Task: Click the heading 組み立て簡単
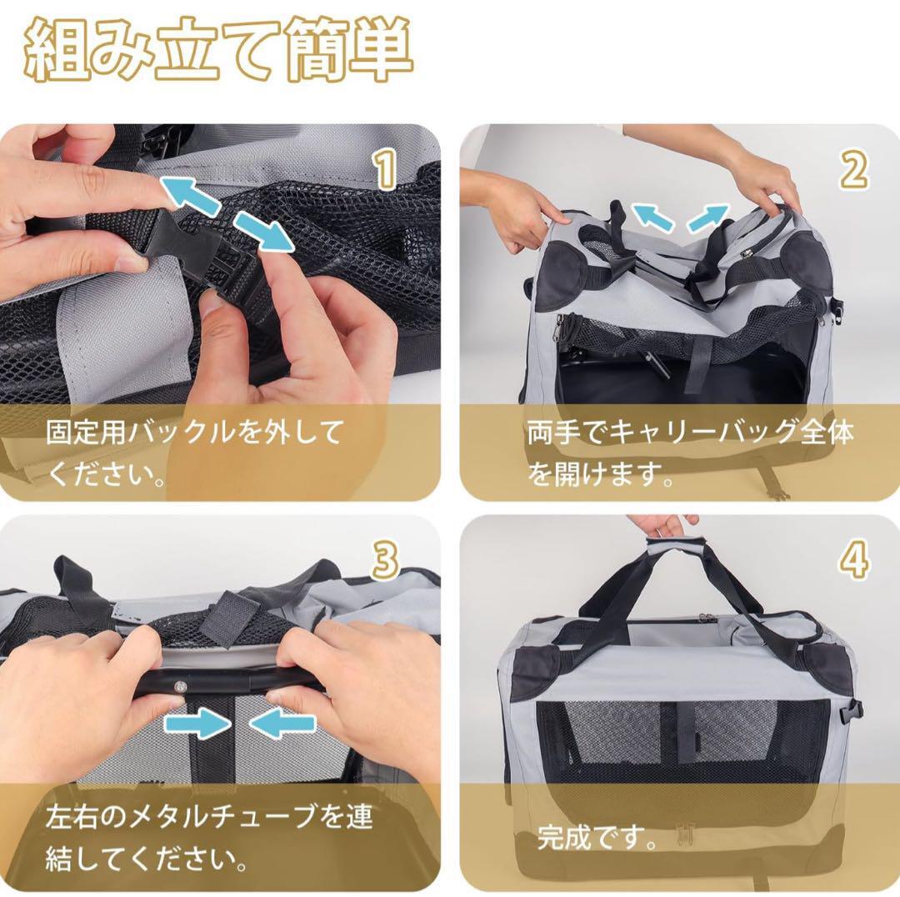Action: [218, 51]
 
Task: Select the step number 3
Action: [385, 560]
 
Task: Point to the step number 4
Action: [853, 560]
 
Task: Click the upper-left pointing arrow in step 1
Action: [190, 195]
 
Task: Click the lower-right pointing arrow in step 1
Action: [264, 231]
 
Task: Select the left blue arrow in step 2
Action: [652, 218]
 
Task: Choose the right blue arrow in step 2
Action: [707, 218]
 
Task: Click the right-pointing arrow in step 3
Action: [197, 724]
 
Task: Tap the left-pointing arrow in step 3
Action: [282, 724]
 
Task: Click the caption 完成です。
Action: [597, 837]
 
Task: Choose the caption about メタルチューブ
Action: [209, 837]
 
